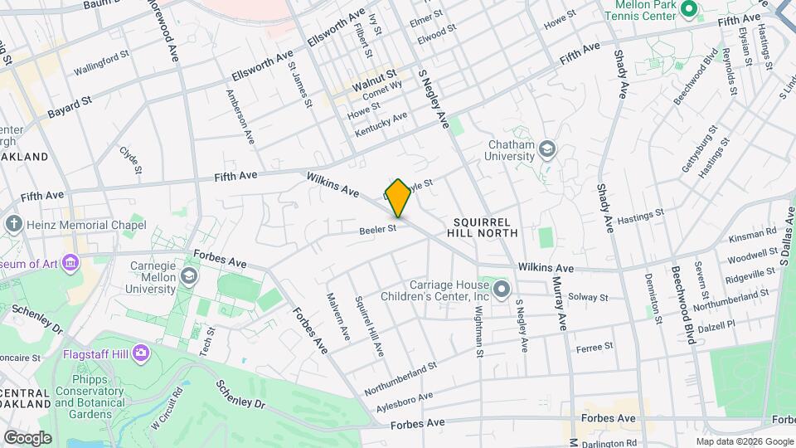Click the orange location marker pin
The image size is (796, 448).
(x=398, y=197)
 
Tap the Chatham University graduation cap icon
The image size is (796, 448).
(x=547, y=150)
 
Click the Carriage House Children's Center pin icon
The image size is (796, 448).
(x=502, y=290)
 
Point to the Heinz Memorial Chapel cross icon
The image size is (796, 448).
(x=13, y=224)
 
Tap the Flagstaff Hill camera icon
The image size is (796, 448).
(x=140, y=354)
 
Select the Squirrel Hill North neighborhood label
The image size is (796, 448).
(x=486, y=227)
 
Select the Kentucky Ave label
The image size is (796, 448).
(x=381, y=125)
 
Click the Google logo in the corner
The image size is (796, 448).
(x=27, y=438)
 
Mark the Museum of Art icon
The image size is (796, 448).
(x=71, y=263)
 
